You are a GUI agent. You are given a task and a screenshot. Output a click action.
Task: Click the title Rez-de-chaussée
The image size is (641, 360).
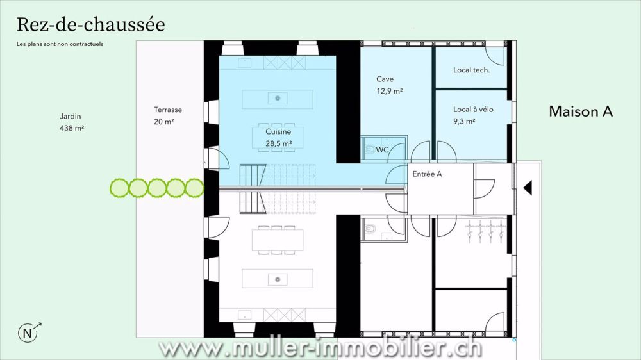(91, 25)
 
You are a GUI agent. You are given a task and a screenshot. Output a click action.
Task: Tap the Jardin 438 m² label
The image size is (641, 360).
(72, 122)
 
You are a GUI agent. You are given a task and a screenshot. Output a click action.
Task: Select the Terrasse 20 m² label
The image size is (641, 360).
(167, 116)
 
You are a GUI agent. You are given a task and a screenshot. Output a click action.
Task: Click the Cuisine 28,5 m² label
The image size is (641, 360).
(278, 138)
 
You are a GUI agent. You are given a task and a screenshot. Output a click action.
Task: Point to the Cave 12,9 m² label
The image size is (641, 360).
(389, 85)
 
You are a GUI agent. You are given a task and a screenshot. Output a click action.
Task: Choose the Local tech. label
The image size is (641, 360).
(471, 70)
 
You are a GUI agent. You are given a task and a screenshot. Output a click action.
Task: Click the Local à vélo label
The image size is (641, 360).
(473, 109)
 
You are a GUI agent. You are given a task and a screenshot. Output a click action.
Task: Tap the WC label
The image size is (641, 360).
(382, 150)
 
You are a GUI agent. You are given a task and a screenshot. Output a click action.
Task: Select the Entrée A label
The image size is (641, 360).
(427, 174)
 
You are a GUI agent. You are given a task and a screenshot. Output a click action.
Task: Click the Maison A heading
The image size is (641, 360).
(581, 111)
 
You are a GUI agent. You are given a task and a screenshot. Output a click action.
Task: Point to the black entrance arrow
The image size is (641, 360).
(528, 188)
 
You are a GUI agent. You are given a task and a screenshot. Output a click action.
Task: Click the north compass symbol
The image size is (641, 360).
(29, 332)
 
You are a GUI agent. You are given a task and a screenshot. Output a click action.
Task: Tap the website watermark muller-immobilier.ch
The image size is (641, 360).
(320, 348)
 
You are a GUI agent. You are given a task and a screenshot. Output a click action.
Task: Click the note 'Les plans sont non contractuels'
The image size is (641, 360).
(60, 44)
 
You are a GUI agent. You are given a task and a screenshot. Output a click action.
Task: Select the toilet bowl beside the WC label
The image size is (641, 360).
(370, 149)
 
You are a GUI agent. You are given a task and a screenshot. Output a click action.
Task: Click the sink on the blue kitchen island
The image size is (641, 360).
(278, 99)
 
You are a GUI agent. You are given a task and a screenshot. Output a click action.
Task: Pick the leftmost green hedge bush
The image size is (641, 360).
(119, 188)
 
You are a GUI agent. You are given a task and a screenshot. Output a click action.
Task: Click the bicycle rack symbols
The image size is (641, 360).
(485, 232)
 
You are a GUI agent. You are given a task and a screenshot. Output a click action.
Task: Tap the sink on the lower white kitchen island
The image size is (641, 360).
(278, 279)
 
